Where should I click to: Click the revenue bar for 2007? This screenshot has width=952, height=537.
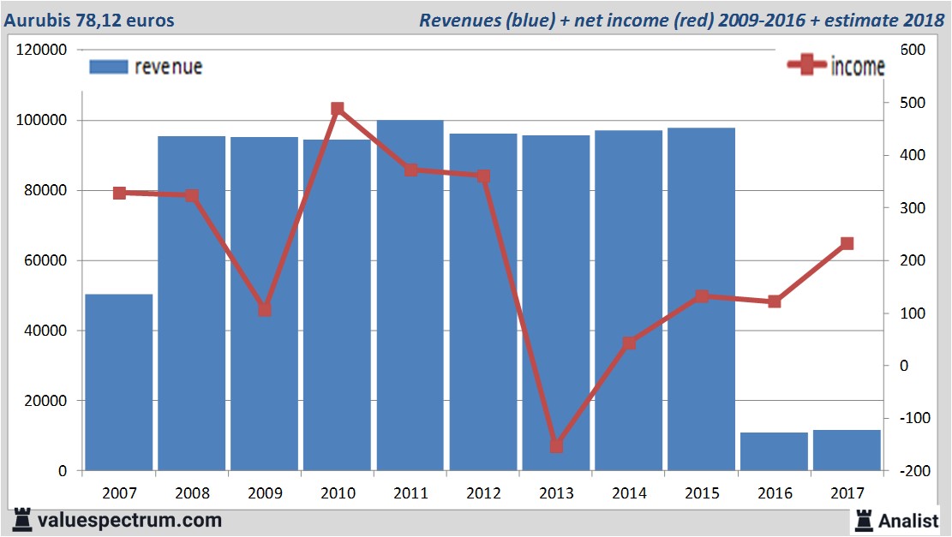[x=119, y=382]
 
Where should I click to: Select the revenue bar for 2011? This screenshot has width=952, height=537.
[x=410, y=295]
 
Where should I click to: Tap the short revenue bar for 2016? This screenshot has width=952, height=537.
[x=774, y=451]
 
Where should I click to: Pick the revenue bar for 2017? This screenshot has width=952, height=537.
[x=847, y=450]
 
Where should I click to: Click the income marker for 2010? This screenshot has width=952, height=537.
[x=338, y=109]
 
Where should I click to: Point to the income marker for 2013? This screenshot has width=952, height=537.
[x=556, y=446]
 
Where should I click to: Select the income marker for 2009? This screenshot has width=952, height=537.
[x=265, y=310]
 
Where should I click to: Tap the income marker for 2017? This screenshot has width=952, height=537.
[x=847, y=243]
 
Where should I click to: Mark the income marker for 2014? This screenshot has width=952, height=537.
[x=629, y=343]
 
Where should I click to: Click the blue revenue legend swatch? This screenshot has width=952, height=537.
[x=109, y=67]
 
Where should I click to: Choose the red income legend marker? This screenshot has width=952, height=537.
[x=806, y=66]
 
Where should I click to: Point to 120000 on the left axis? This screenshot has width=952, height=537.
[x=43, y=51]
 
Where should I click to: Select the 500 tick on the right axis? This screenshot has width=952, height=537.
[x=912, y=103]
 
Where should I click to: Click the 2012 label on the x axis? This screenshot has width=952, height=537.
[x=483, y=493]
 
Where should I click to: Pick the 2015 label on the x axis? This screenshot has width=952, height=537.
[x=702, y=493]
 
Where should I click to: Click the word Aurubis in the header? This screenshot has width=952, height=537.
[x=37, y=19]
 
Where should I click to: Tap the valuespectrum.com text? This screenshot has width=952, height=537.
[x=129, y=520]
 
